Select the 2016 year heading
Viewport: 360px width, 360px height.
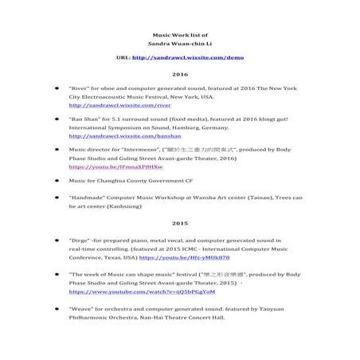pos(180,75)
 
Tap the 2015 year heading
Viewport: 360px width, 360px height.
pos(180,222)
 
